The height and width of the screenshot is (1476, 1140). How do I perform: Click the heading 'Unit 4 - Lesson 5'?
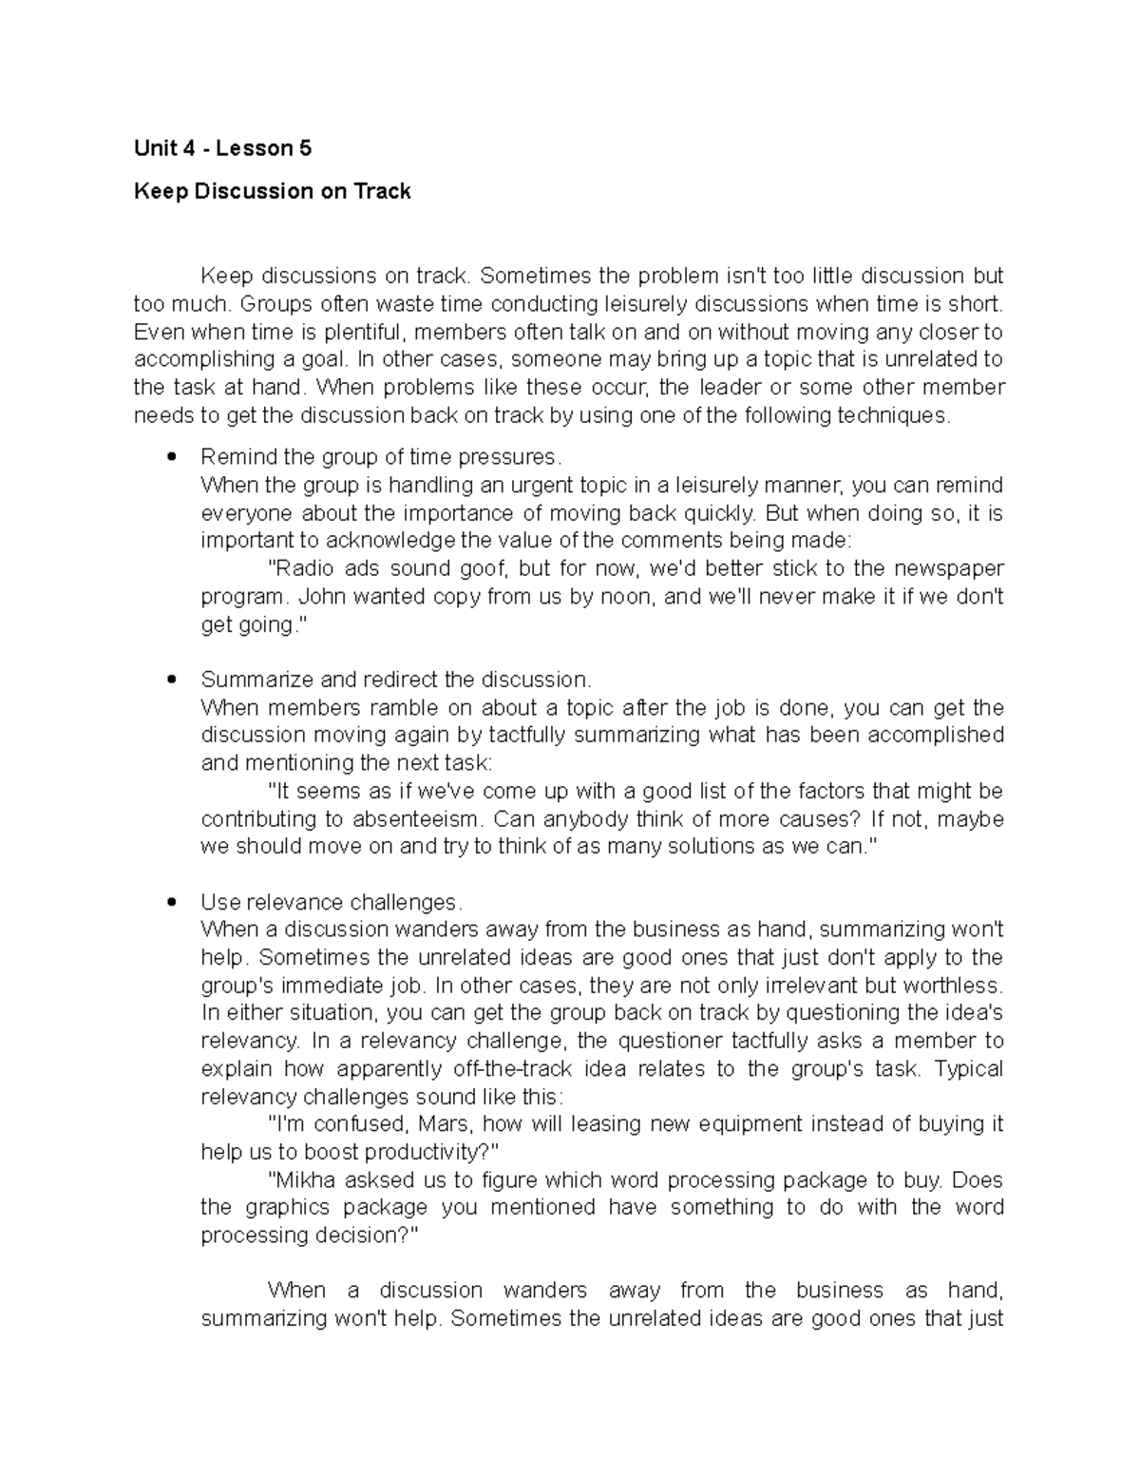point(222,148)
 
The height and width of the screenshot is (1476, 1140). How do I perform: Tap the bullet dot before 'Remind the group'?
point(171,457)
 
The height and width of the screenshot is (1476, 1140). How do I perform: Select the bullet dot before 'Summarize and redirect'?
point(171,680)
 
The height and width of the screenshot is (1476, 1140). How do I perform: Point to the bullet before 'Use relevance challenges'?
point(171,902)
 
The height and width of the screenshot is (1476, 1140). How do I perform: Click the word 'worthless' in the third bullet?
point(952,986)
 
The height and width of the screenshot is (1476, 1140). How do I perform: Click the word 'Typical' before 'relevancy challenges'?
point(969,1069)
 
